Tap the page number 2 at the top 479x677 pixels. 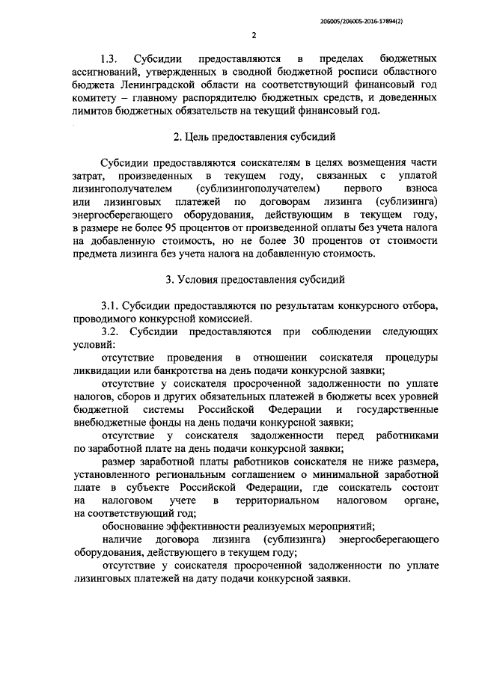coord(254,35)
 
